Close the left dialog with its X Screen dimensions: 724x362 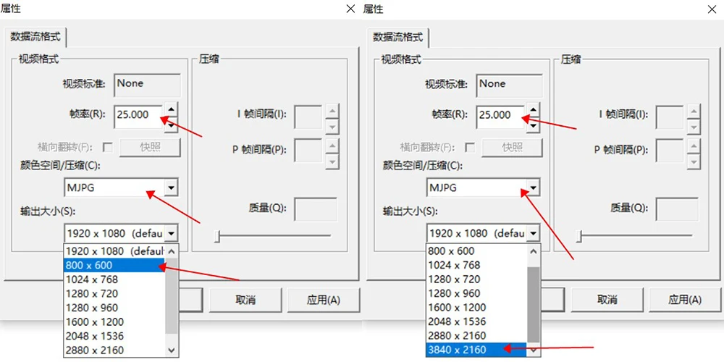click(x=350, y=9)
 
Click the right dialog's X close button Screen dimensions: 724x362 click(x=712, y=9)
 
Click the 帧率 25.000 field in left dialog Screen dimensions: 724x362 click(x=137, y=114)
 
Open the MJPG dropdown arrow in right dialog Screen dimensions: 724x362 click(x=533, y=188)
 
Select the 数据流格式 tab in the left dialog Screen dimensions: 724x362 click(x=35, y=36)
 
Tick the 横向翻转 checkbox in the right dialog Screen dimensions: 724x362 click(x=471, y=148)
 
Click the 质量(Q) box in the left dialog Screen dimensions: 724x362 click(x=315, y=209)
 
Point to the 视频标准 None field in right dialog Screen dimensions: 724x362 click(x=509, y=84)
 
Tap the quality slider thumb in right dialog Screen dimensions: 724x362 click(x=578, y=236)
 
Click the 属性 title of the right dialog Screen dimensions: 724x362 click(x=373, y=9)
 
